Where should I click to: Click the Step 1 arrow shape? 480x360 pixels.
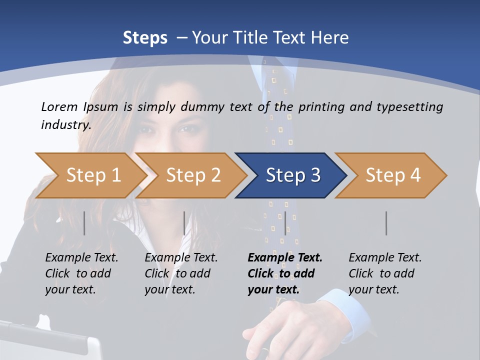tap(92, 175)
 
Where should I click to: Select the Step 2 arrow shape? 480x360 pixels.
tap(192, 175)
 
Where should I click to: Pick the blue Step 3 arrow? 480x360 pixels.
tap(292, 175)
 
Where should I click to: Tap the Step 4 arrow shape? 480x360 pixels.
tap(392, 175)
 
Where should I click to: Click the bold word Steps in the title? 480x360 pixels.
tap(145, 38)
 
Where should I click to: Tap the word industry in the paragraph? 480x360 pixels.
tap(66, 124)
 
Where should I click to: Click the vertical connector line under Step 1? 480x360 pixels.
tap(84, 223)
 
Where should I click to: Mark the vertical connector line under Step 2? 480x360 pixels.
tap(184, 223)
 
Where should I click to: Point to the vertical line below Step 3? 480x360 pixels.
tap(285, 223)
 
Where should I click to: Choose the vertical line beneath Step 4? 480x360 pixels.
tap(386, 223)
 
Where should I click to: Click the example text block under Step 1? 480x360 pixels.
tap(81, 273)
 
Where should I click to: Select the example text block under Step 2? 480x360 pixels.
tap(181, 273)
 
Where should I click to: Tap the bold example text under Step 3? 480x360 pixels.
tap(285, 273)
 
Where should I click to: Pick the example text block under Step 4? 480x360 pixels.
tap(385, 273)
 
